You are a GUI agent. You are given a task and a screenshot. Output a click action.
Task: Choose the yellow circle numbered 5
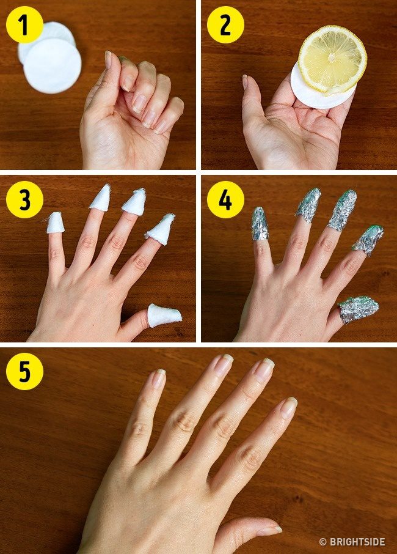pyautogui.click(x=24, y=371)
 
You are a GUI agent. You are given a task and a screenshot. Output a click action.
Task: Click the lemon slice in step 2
pyautogui.click(x=332, y=60)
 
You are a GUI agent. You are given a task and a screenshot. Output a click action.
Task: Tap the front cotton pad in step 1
pyautogui.click(x=53, y=65)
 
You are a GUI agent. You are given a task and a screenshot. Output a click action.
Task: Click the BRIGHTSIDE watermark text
pyautogui.click(x=357, y=542)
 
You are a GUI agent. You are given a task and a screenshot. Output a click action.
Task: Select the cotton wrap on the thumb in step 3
pyautogui.click(x=164, y=315)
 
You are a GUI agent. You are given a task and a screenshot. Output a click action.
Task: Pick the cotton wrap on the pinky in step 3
pyautogui.click(x=56, y=223)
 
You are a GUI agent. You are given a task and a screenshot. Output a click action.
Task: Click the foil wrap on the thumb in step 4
pyautogui.click(x=357, y=309)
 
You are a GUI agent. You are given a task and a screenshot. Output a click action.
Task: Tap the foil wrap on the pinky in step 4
pyautogui.click(x=260, y=224)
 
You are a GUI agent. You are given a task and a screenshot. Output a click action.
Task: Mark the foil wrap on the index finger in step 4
pyautogui.click(x=368, y=239)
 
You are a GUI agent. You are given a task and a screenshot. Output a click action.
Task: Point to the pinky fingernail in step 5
pyautogui.click(x=159, y=378)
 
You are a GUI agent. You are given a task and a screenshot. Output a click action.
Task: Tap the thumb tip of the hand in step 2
pyautogui.click(x=245, y=82)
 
